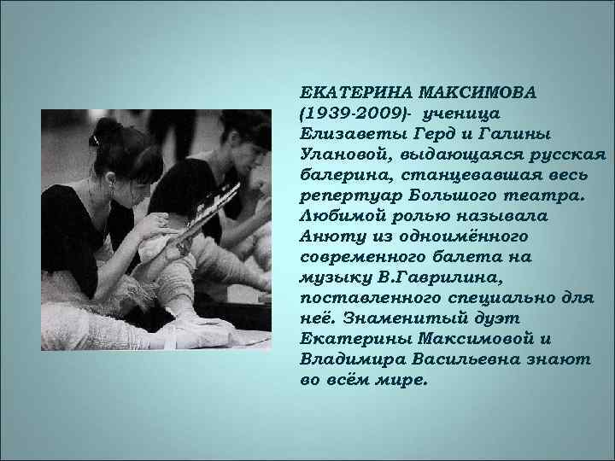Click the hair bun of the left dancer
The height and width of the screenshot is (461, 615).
(x=106, y=129)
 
